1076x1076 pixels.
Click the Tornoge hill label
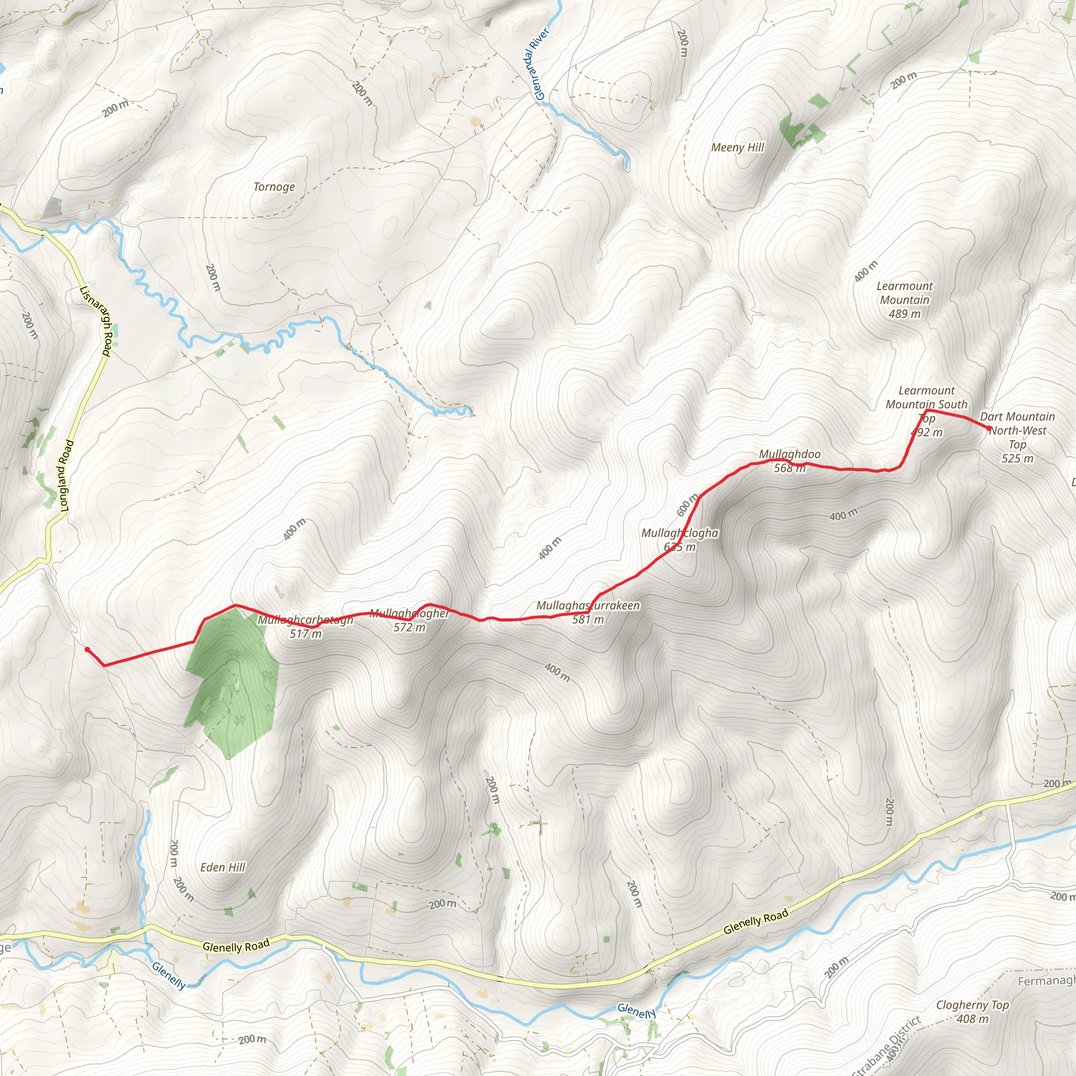tap(274, 187)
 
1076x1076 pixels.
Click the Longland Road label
tap(66, 475)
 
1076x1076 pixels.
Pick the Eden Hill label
tap(223, 867)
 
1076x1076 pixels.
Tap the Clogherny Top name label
tap(972, 1005)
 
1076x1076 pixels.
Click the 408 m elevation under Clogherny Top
tap(972, 1019)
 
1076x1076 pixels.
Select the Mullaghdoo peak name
tap(790, 454)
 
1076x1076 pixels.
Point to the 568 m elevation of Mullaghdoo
tap(790, 468)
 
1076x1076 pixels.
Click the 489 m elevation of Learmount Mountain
tap(905, 314)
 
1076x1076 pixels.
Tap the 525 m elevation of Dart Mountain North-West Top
tap(1018, 459)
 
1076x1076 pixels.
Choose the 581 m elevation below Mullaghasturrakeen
tap(588, 619)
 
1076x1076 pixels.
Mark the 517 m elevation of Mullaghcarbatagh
tap(306, 634)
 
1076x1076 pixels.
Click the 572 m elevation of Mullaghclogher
tap(409, 628)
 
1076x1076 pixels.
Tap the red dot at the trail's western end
tap(87, 649)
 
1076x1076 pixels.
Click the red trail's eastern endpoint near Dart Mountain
tap(990, 429)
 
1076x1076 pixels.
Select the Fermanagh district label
tap(1046, 981)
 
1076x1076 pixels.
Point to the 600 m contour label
tap(687, 504)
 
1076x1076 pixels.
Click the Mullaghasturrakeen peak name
tap(588, 605)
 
